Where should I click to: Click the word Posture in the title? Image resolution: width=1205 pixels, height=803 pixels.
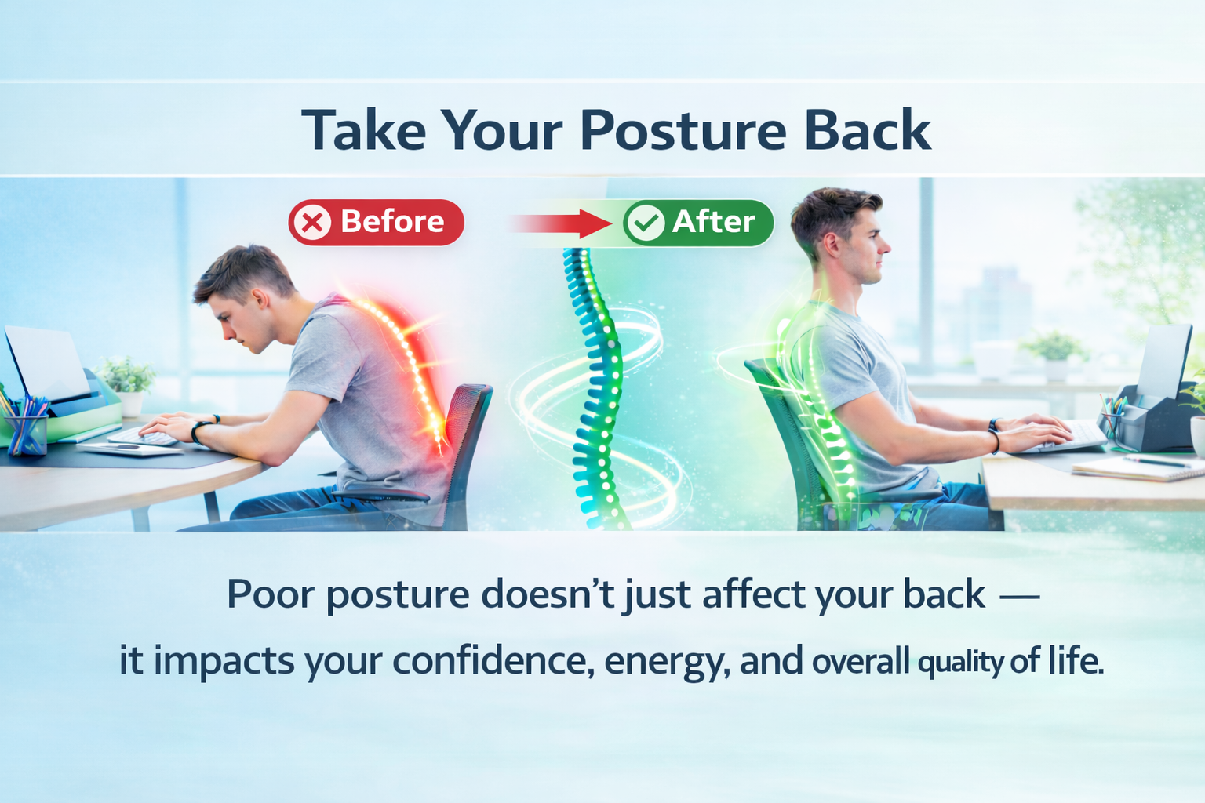[683, 131]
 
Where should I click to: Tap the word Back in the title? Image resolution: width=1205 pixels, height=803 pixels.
[868, 129]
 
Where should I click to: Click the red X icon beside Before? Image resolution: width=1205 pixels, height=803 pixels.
[312, 223]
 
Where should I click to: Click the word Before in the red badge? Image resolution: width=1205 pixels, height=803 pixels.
[392, 222]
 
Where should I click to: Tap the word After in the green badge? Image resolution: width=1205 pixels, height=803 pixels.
[713, 222]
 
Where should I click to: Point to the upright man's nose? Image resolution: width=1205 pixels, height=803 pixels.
[885, 247]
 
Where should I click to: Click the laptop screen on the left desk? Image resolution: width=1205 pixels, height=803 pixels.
[46, 362]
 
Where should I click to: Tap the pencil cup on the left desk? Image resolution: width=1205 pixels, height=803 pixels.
[27, 426]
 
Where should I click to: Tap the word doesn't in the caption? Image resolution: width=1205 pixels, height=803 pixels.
[547, 594]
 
